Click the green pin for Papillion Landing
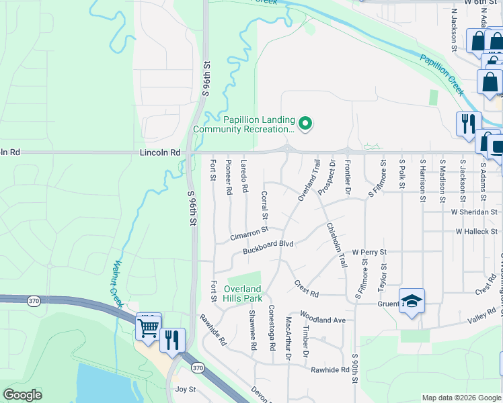click(x=305, y=123)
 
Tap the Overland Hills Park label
click(x=242, y=294)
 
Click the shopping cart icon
click(x=148, y=328)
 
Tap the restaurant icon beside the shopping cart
click(x=172, y=340)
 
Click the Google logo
click(x=22, y=395)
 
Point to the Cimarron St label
click(x=249, y=233)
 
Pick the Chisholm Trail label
click(x=336, y=245)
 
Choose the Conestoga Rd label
click(x=272, y=327)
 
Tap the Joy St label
click(x=185, y=389)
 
